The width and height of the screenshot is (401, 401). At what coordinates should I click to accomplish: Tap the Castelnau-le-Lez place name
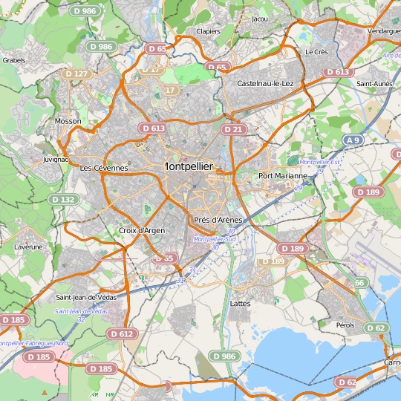[x=265, y=84]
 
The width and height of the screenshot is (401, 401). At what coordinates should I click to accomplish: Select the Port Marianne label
[x=282, y=176]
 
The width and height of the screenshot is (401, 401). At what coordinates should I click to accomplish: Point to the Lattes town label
[x=241, y=304]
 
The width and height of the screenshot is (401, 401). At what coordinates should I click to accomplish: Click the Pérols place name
[x=345, y=325]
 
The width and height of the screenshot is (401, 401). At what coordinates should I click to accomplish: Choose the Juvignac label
[x=56, y=159]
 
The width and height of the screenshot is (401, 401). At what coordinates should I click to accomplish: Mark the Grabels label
[x=14, y=60]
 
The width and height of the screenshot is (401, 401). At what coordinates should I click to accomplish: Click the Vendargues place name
[x=383, y=32]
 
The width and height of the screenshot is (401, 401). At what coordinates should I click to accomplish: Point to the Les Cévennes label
[x=104, y=169]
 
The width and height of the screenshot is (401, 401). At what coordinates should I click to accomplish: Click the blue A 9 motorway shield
[x=353, y=140]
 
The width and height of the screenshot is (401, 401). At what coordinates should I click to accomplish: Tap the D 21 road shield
[x=233, y=129]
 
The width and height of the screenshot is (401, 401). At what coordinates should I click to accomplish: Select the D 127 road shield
[x=76, y=74]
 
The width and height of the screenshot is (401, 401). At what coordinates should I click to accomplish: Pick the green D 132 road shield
[x=64, y=199]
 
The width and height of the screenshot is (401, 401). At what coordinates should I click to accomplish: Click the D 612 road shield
[x=123, y=334]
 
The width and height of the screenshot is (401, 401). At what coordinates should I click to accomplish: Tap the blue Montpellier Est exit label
[x=319, y=162]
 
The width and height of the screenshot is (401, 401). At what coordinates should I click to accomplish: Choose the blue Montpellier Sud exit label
[x=215, y=239]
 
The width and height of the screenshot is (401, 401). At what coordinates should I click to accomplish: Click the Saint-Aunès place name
[x=375, y=84]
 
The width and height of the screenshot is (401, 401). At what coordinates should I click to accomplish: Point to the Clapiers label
[x=208, y=32]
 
